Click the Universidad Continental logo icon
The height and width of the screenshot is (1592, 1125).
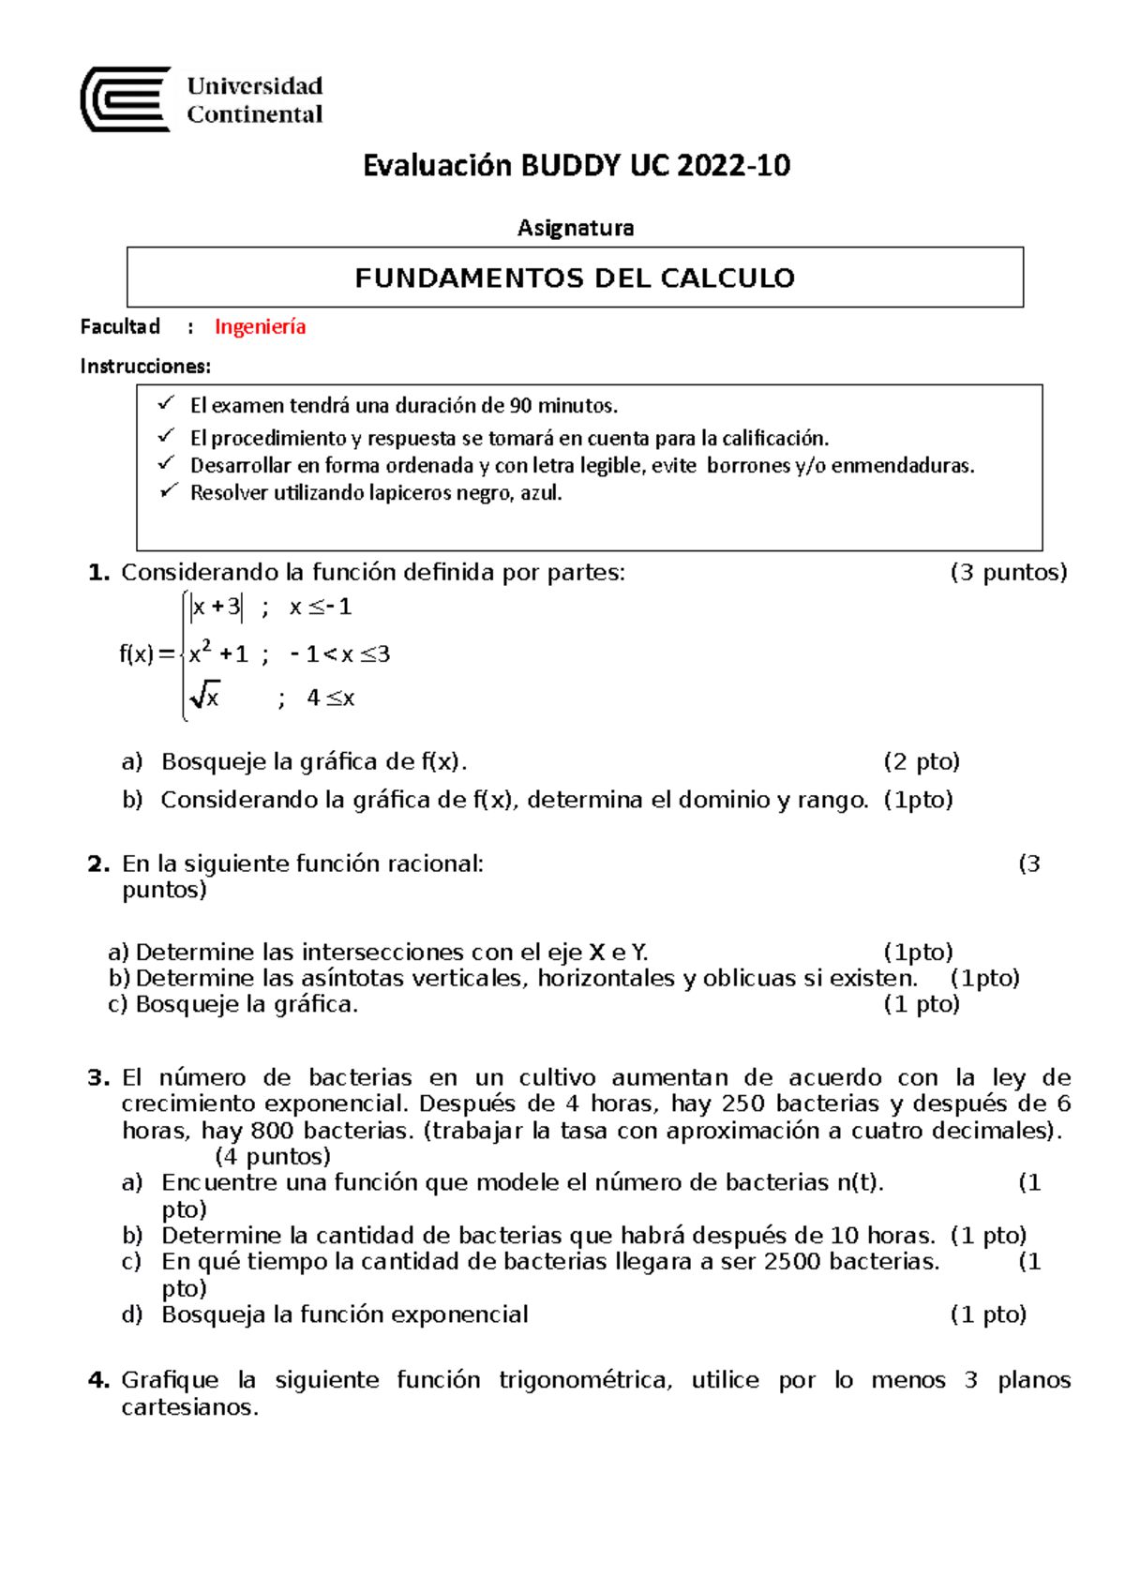pos(126,99)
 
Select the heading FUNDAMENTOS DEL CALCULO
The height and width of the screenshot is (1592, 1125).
pos(575,278)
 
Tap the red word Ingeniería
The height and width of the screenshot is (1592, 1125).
pos(261,327)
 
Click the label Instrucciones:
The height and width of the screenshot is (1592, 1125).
pos(145,367)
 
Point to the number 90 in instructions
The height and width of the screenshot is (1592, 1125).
pos(520,406)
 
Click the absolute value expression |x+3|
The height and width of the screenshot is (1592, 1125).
pos(216,608)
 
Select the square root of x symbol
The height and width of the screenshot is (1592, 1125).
pos(204,697)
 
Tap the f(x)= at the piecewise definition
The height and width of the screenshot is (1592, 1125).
pos(147,653)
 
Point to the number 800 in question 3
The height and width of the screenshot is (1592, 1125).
pos(272,1131)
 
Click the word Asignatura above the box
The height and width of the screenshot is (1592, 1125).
pos(576,228)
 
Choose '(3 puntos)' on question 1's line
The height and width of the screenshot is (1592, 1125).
pos(1009,573)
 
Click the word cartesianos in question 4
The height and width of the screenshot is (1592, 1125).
pos(188,1407)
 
